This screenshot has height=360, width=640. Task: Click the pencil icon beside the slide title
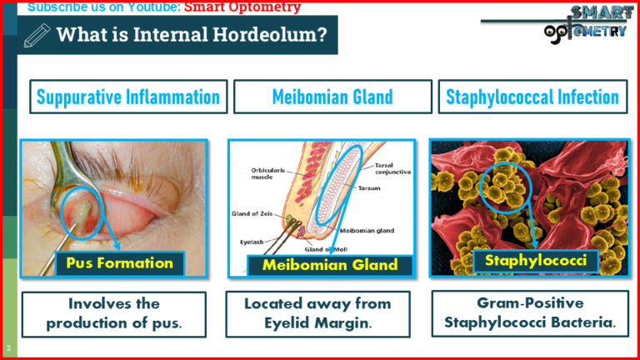pos(38,35)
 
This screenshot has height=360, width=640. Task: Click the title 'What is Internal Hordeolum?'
pos(191,35)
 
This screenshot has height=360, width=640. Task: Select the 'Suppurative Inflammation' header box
pos(128,97)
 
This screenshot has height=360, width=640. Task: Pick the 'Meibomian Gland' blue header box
pos(332,97)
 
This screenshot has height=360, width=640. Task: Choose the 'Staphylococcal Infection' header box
pos(532,97)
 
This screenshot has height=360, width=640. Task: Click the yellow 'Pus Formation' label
pos(119,263)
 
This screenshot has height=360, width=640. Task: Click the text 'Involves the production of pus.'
pos(113,314)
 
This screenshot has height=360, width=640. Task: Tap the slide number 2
pos(7,347)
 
